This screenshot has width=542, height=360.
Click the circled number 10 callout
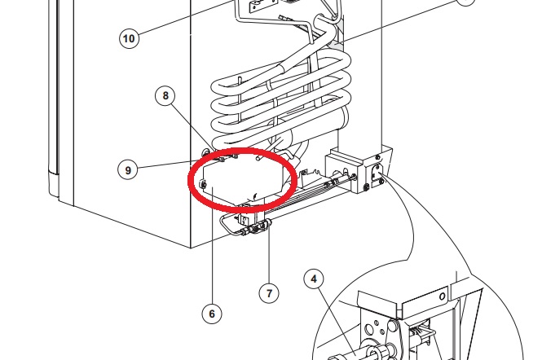pos(129,38)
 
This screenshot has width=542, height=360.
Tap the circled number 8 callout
pos(165,95)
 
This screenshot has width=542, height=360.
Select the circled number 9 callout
pos(128,170)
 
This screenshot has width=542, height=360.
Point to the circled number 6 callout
pos(212,314)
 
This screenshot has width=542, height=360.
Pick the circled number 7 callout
pos(269,293)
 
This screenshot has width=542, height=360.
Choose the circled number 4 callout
pos(314,279)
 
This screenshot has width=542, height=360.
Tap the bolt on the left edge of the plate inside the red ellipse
pos(204,184)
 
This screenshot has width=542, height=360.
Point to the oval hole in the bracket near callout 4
pos(442,296)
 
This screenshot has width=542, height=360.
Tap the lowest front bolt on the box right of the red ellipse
pos(367,187)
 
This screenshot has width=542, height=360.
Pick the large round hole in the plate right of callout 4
pos(369,328)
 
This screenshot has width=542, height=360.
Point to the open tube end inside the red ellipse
pos(258,157)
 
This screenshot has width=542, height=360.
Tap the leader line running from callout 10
pos(186,18)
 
